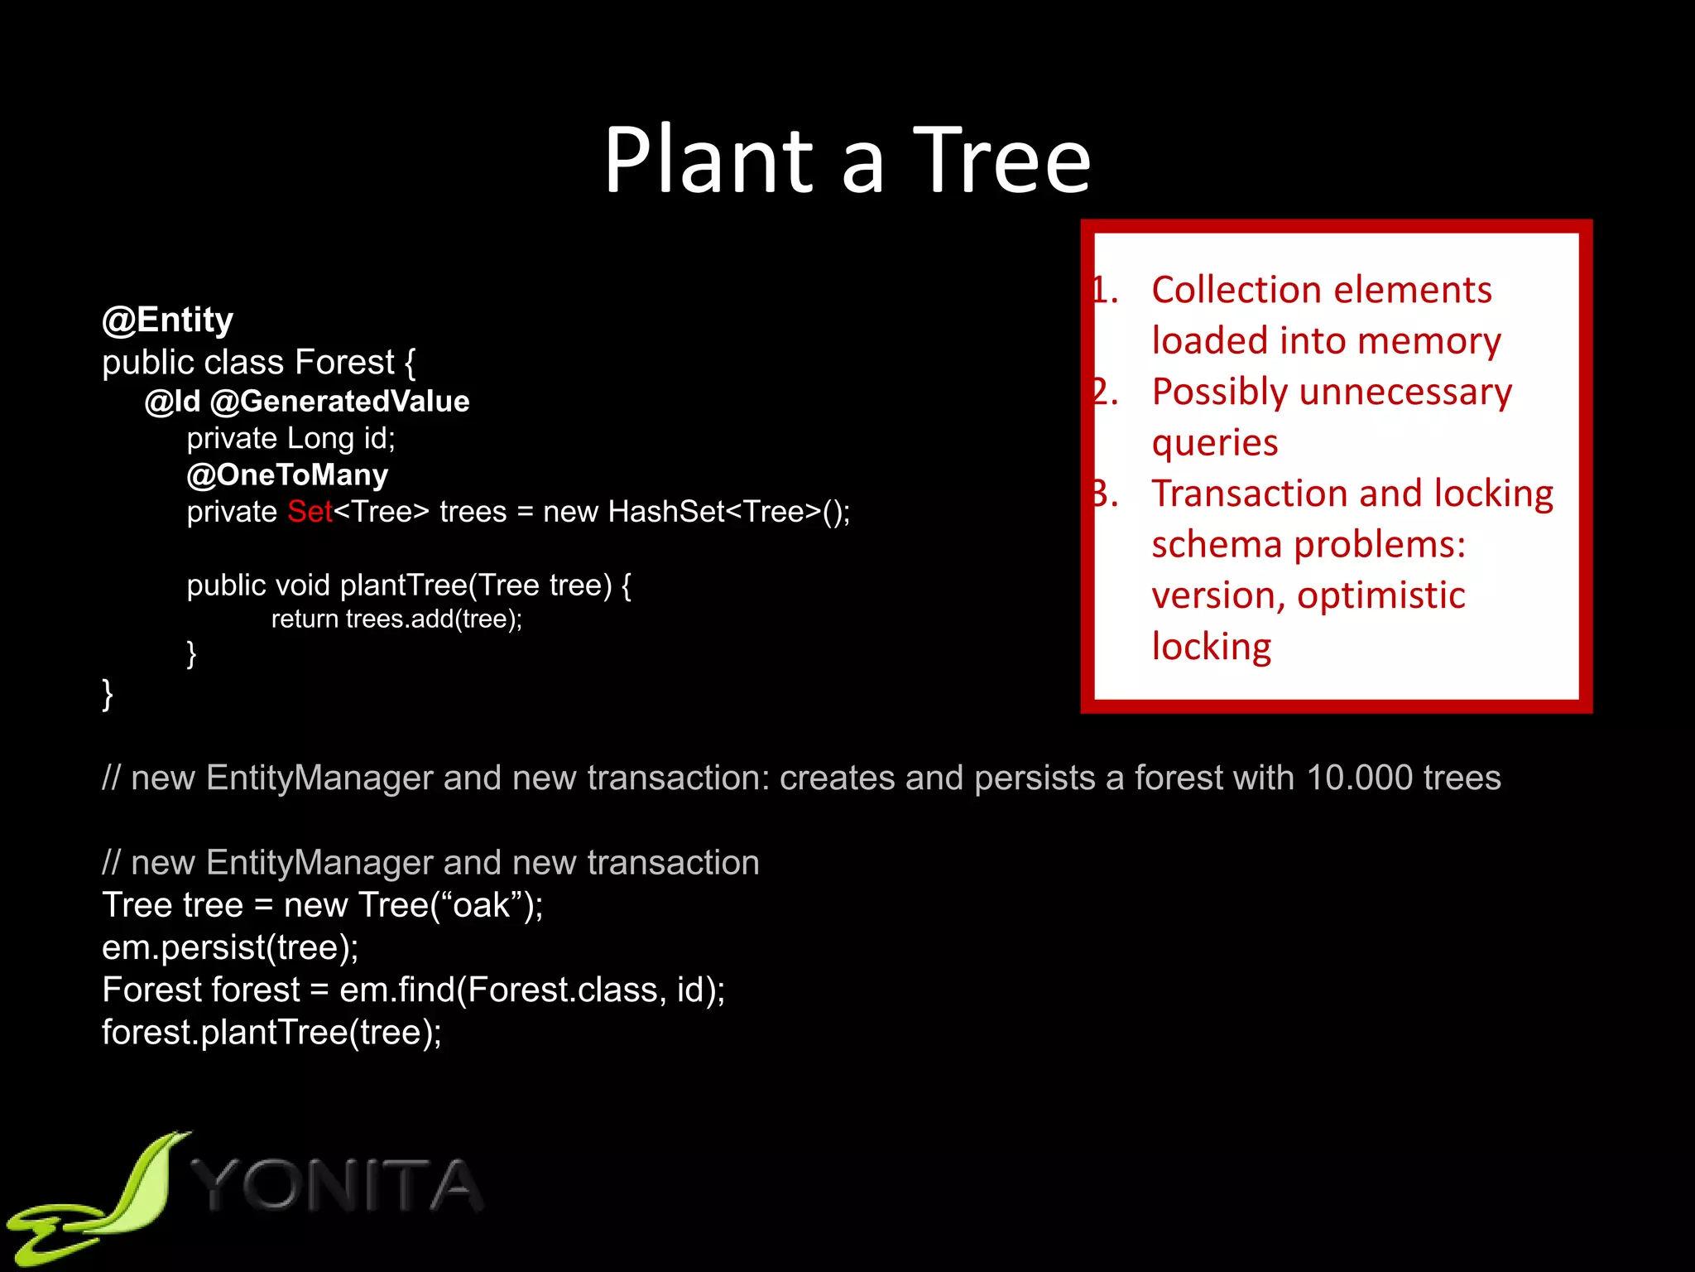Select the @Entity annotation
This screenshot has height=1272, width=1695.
(x=167, y=320)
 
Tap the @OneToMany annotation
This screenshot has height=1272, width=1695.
(x=287, y=475)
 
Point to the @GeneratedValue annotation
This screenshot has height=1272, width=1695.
(x=339, y=402)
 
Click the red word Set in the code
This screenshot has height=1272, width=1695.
(x=310, y=512)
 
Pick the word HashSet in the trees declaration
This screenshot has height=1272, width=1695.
(x=666, y=512)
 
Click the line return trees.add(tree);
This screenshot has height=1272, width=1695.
(x=396, y=619)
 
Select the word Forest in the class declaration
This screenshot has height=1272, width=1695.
(x=344, y=363)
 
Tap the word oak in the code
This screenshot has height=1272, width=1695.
(x=482, y=905)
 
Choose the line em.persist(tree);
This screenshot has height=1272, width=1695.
(x=230, y=947)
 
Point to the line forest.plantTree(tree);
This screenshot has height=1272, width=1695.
(x=271, y=1033)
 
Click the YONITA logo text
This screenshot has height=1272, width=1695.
(x=339, y=1186)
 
